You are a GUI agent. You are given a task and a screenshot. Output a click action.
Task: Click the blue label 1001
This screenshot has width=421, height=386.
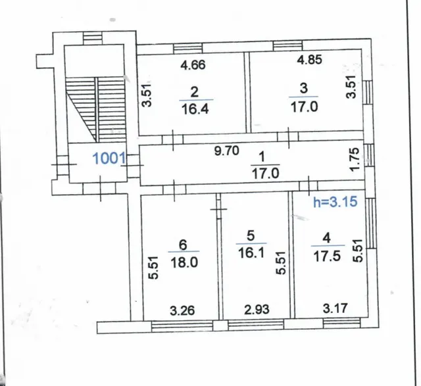click(x=109, y=158)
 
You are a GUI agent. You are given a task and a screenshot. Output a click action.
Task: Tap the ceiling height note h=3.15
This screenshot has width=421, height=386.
click(x=335, y=202)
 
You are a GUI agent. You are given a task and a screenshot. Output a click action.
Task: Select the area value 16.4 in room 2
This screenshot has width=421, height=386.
click(x=195, y=109)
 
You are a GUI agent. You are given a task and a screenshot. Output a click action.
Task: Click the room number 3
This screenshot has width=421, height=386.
click(x=304, y=88)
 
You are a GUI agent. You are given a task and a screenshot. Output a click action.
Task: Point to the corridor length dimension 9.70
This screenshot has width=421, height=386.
click(x=226, y=151)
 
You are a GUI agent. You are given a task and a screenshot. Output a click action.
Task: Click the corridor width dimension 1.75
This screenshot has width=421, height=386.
click(x=355, y=159)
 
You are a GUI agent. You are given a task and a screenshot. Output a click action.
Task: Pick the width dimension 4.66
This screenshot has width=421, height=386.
click(x=193, y=64)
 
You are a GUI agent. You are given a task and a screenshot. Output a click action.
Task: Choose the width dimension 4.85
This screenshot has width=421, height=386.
click(x=309, y=59)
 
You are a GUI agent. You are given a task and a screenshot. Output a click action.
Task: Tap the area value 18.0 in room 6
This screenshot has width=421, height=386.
click(x=184, y=262)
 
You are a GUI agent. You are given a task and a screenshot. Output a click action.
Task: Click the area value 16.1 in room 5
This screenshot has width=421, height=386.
click(x=251, y=253)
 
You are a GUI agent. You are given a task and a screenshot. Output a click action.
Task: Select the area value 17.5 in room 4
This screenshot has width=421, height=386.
click(x=327, y=256)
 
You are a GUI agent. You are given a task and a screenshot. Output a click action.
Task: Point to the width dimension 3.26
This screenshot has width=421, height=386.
click(x=182, y=310)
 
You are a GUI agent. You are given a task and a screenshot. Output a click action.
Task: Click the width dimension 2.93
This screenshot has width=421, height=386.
click(x=257, y=310)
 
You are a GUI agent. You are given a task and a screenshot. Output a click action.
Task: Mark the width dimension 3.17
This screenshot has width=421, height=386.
click(x=335, y=308)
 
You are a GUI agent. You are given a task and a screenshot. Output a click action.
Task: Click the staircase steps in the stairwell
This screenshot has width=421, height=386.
click(x=95, y=110)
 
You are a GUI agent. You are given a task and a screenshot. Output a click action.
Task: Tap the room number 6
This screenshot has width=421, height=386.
click(x=183, y=245)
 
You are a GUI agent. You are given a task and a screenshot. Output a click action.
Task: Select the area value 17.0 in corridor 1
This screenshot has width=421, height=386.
click(x=265, y=174)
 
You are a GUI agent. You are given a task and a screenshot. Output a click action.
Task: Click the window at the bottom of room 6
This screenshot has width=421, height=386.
click(x=182, y=326)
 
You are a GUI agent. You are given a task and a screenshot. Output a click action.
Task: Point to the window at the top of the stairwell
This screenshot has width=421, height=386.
click(x=93, y=38)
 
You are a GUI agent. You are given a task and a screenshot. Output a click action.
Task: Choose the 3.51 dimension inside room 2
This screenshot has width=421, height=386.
click(x=147, y=95)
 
